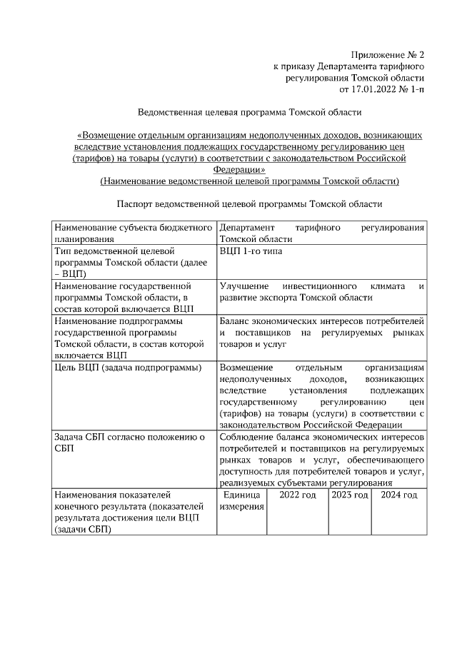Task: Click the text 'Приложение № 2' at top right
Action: tap(388, 55)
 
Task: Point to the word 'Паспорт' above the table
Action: tap(134, 203)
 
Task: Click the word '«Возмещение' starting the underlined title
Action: tap(106, 134)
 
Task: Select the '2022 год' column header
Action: tap(297, 495)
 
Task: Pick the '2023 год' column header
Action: tap(350, 495)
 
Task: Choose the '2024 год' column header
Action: tap(399, 495)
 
